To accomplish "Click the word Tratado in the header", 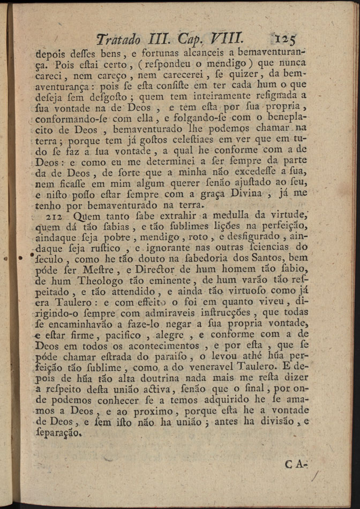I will pyautogui.click(x=118, y=39).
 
